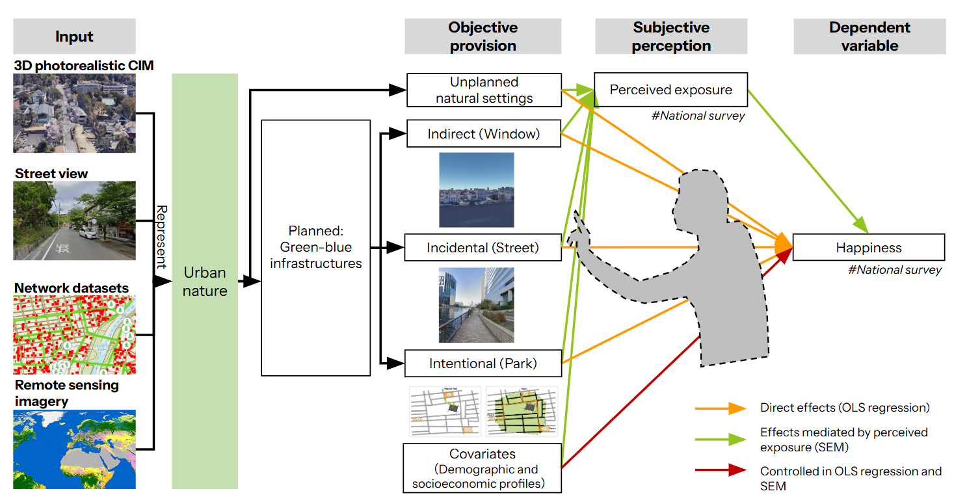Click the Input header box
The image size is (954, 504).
[74, 36]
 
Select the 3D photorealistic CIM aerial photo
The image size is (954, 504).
[74, 113]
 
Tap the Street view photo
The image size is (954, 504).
[74, 220]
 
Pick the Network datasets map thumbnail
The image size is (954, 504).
[74, 335]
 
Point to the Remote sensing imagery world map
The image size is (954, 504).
[74, 449]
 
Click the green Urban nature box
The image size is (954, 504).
[204, 281]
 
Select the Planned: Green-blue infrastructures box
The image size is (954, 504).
[315, 248]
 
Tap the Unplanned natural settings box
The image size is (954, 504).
[483, 90]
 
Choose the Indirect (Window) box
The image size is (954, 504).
[483, 134]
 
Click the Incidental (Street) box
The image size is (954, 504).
[483, 248]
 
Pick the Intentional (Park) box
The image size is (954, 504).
[483, 363]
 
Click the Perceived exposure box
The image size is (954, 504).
[670, 90]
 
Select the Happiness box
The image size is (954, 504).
[868, 248]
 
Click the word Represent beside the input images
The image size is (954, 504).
[162, 237]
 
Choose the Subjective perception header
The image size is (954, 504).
[670, 36]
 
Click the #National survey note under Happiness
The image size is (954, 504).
[894, 270]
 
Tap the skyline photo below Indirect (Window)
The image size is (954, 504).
[476, 190]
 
